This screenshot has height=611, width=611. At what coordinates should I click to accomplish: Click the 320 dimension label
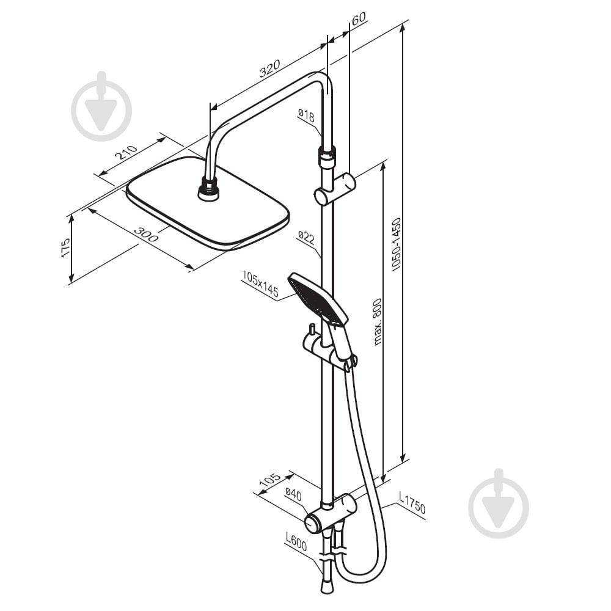pos(269,68)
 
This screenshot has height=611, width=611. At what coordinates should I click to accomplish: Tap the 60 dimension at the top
pos(359,18)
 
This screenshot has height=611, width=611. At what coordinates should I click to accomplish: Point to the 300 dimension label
pos(146,234)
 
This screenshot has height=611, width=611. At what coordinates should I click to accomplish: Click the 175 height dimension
pos(65,247)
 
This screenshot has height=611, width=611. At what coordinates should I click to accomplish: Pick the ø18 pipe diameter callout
pos(306,115)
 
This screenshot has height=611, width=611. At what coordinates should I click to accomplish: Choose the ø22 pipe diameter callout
pos(306,238)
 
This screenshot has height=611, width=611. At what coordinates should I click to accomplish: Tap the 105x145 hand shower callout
pos(260,284)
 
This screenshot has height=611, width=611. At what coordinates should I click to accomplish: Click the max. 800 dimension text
pos(377,322)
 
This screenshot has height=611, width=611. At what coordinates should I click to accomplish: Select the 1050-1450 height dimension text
pos(397,244)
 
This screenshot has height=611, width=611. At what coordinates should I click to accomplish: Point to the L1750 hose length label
pos(412,502)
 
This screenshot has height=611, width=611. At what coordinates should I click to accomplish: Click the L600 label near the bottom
pos(296,542)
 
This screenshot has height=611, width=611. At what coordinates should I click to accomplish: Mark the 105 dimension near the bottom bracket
pos(269,479)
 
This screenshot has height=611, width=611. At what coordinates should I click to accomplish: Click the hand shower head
pos(318,298)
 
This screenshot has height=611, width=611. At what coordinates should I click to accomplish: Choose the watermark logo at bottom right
pos(499,503)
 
